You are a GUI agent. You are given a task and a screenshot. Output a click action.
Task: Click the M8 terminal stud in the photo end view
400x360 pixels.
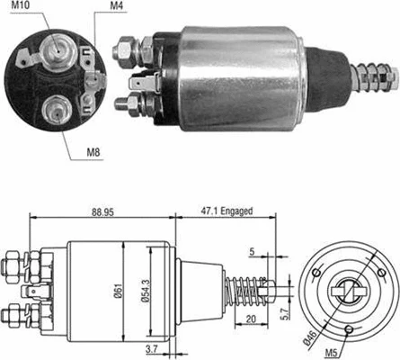point(53,112)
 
